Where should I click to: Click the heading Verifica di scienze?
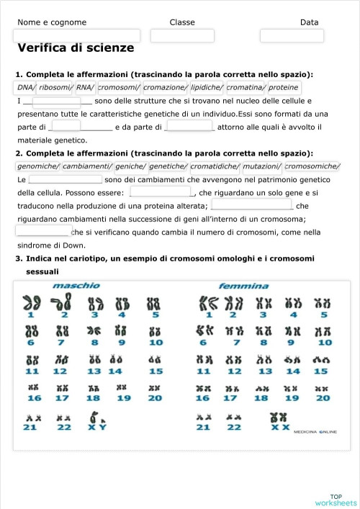(x=76, y=48)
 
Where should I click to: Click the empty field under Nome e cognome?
(x=78, y=35)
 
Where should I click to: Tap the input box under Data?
(x=302, y=35)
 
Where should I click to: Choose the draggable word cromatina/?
(x=247, y=88)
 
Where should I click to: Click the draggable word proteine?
(x=284, y=88)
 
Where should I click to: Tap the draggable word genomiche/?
(x=38, y=166)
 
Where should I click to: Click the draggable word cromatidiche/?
(x=215, y=166)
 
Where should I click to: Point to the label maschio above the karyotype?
(x=76, y=286)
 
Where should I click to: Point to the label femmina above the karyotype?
(x=243, y=286)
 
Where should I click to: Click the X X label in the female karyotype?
(x=280, y=427)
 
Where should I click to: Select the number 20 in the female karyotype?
(x=323, y=398)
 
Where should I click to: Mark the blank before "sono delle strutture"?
(x=57, y=102)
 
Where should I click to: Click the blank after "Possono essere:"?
(x=161, y=192)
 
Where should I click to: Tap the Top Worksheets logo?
(x=336, y=500)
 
